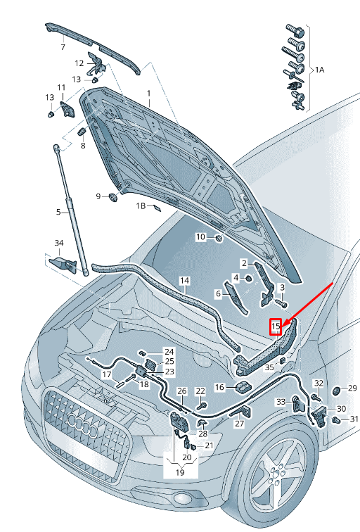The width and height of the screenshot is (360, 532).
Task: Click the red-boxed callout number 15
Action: point(276,326)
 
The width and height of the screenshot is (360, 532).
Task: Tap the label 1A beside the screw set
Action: point(320,70)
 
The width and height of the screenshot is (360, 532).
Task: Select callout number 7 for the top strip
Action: point(63,47)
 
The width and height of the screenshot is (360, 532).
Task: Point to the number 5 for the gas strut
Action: point(59,212)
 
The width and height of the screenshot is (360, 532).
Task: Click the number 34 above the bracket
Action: point(59,243)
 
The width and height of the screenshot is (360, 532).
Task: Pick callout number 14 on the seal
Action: point(184,281)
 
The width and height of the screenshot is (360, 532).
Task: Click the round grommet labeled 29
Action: point(335,389)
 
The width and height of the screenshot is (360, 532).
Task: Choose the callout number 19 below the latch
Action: point(179,473)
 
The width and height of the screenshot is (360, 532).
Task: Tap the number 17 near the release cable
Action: point(106,374)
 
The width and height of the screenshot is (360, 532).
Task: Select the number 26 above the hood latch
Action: point(181,391)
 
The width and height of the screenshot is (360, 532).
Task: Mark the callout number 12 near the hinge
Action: point(79,63)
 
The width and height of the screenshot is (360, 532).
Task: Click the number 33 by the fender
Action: point(281,401)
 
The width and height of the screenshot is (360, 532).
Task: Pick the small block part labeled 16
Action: point(243,388)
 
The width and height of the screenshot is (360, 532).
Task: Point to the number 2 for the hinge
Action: point(244,263)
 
